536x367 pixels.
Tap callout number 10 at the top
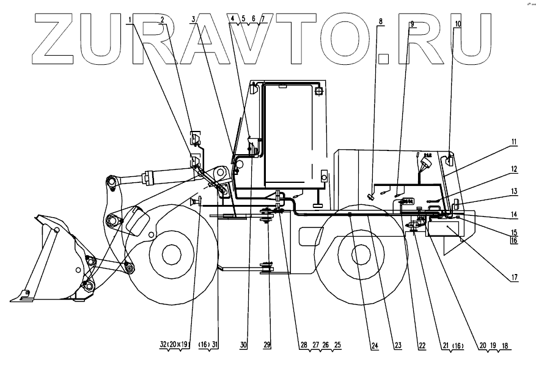(458, 24)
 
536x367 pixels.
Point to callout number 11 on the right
(514, 142)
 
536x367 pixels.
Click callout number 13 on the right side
(514, 191)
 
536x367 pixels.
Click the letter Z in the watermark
(61, 39)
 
